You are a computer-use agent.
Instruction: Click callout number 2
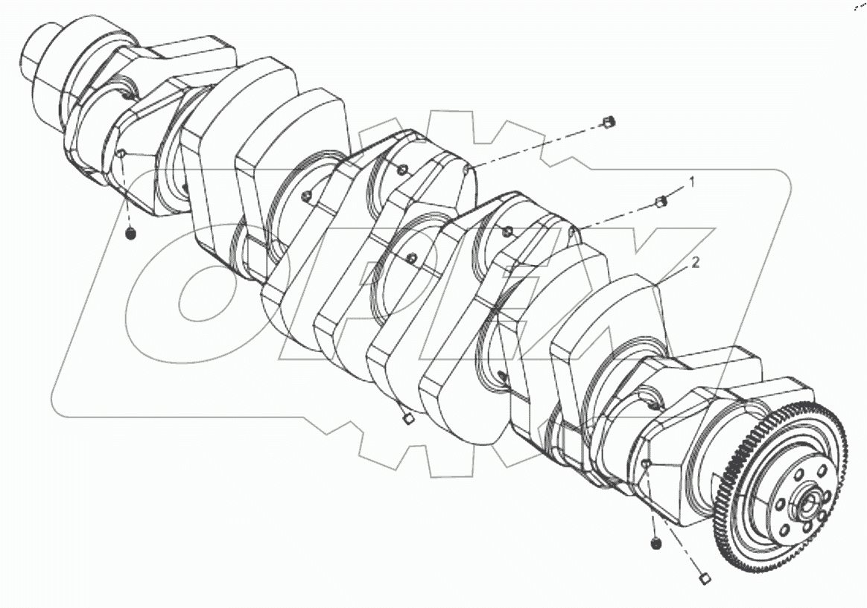695,262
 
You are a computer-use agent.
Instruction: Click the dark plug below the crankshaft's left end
130,234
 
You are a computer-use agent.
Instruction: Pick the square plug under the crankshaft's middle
407,420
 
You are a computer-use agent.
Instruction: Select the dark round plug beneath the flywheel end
655,545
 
